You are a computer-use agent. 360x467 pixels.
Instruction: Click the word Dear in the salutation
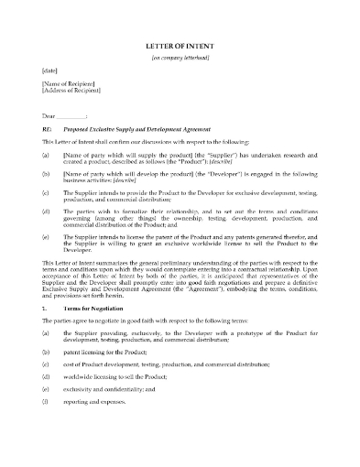(x=50, y=115)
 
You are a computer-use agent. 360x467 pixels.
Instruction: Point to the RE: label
(x=48, y=131)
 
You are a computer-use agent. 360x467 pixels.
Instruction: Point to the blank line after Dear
(x=75, y=116)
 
